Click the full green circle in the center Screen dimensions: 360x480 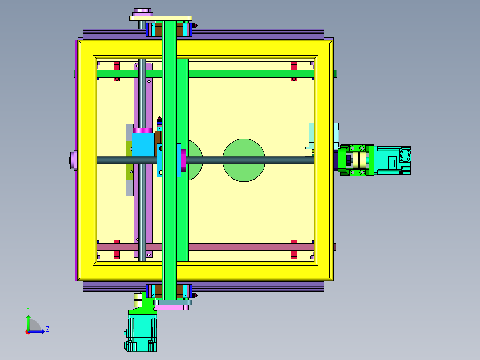coord(244,160)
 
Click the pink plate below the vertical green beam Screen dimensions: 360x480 coord(172,307)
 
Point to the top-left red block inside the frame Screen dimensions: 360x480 coord(117,66)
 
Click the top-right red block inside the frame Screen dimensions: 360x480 coord(294,66)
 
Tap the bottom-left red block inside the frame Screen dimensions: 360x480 coord(117,254)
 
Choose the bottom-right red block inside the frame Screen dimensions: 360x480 coord(294,254)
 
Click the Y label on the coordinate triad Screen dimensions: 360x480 coord(28,309)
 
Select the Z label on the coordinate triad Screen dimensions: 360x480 coord(47,329)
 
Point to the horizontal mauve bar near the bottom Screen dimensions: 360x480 coord(249,247)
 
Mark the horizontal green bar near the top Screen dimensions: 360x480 coord(249,74)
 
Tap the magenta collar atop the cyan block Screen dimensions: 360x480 coord(143,130)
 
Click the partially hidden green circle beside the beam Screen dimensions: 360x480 coord(195,160)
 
